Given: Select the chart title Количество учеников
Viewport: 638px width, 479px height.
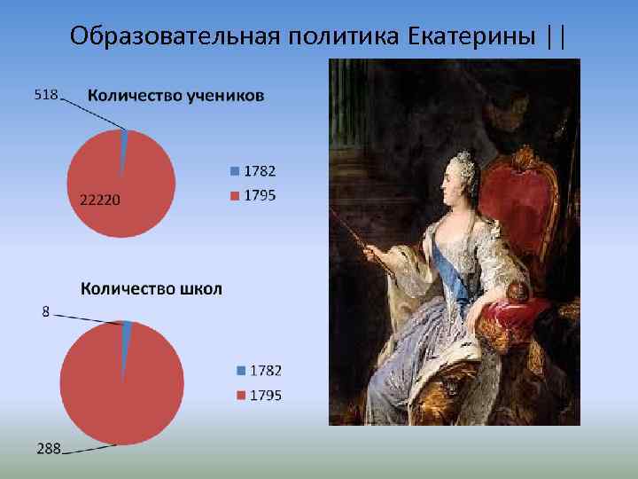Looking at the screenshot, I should click(175, 96).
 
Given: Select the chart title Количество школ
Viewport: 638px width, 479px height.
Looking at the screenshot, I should click(152, 288).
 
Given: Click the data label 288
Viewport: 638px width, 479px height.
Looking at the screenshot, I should click(48, 449).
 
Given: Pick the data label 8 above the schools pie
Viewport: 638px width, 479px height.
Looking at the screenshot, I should click(46, 311).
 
